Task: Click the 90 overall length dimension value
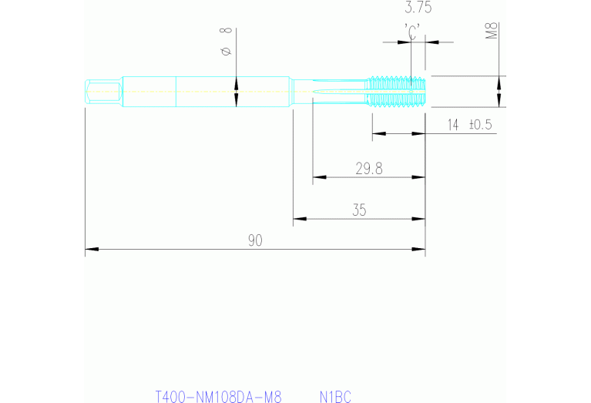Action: coord(255,240)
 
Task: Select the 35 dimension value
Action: coord(359,210)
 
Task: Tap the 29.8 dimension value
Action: coord(369,169)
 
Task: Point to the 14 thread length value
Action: coord(453,125)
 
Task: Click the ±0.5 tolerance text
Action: coord(481,125)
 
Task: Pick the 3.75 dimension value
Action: coord(418,7)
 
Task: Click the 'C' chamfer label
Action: coord(412,32)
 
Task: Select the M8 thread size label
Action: coord(492,31)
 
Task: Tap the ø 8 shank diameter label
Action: coord(227,42)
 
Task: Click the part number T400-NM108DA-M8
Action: coord(219,397)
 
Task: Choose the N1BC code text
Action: coord(335,397)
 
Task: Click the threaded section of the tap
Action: coord(395,92)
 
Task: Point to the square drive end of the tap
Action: coord(103,92)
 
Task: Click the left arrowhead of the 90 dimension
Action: coord(92,249)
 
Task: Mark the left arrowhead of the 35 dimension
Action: coord(300,219)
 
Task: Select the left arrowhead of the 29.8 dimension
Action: coord(319,177)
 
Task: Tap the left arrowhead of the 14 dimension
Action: coord(379,133)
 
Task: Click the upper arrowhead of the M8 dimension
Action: coord(499,82)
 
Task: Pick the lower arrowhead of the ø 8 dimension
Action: coord(237,100)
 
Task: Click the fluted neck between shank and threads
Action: coord(330,92)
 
